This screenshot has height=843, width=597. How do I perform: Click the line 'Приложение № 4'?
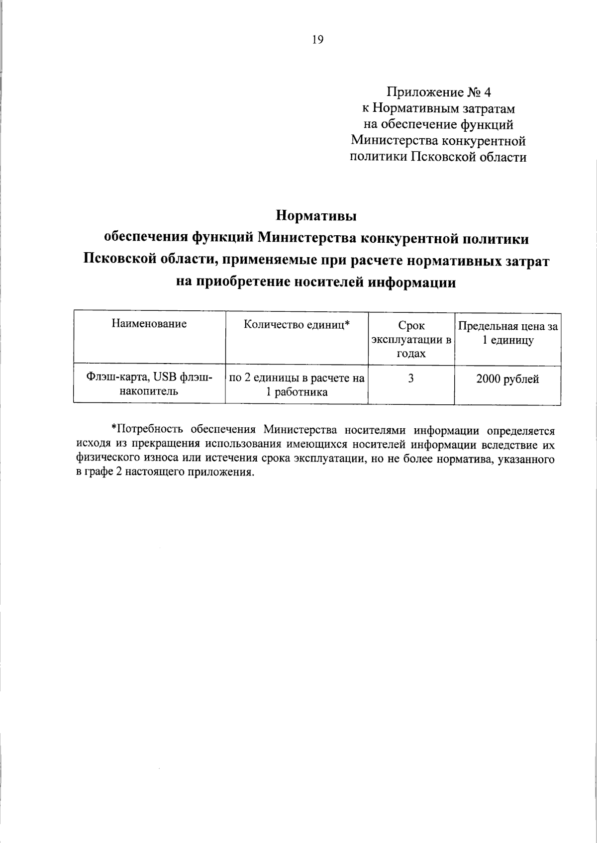[438, 93]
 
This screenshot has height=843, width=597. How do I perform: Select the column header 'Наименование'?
[149, 324]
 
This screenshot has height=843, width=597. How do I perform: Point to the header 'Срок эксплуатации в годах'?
[411, 339]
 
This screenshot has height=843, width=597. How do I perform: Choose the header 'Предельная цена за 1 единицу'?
[508, 333]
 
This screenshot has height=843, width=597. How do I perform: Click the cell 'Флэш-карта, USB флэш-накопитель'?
[149, 384]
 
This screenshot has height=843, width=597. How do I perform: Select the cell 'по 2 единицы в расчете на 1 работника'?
[297, 385]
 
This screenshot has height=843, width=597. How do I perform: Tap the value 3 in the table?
[411, 379]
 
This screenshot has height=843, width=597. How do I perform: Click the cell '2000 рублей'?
[507, 379]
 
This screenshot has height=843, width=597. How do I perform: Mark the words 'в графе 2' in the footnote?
[99, 472]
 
